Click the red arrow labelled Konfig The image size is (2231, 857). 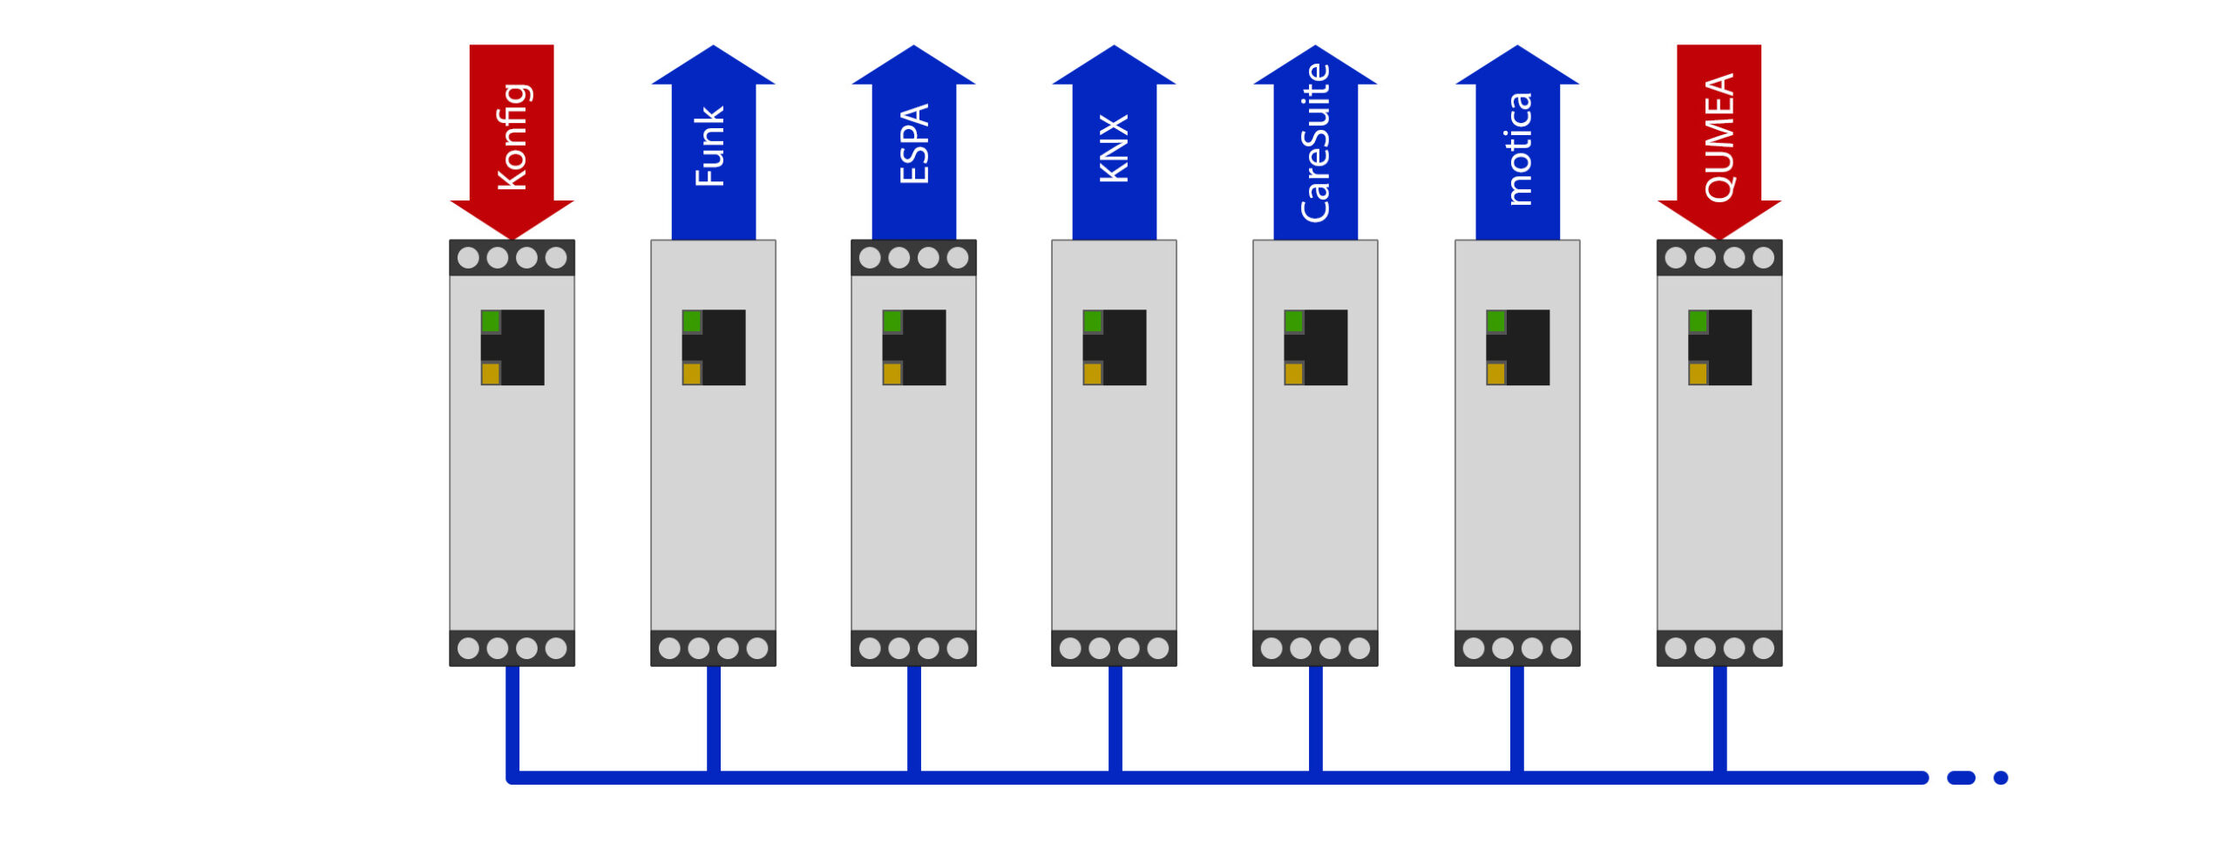(512, 139)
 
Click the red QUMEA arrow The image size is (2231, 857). (1719, 139)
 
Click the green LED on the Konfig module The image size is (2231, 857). (491, 322)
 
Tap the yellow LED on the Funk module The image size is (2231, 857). (692, 374)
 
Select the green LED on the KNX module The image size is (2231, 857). (1093, 322)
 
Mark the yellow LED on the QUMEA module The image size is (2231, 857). (1698, 374)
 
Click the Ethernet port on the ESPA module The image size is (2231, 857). (914, 347)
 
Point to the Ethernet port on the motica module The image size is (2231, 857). (1518, 347)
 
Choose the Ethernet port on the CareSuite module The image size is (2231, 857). (1316, 347)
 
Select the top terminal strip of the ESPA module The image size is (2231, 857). (913, 257)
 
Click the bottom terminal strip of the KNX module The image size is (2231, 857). (1114, 648)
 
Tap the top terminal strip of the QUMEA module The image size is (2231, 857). (1719, 257)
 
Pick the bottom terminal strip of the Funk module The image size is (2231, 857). (713, 648)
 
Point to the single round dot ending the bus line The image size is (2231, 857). (2001, 778)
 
